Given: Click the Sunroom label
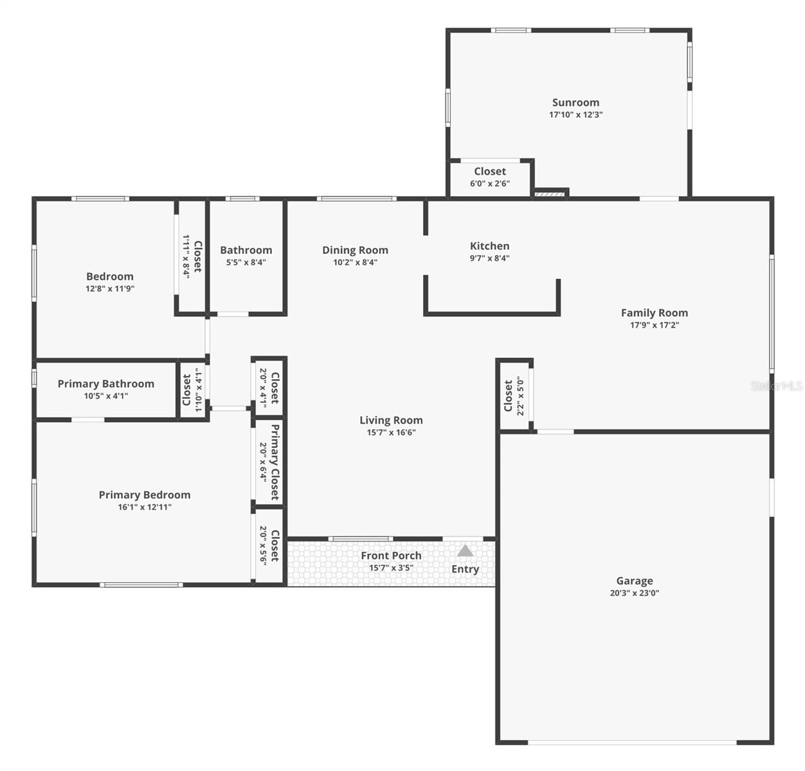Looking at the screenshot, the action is [575, 102].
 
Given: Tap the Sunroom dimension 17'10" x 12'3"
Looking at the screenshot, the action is [575, 114].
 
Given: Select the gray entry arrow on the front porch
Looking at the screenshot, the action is [465, 550].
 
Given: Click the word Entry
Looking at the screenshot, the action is [465, 569].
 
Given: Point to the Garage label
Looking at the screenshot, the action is [634, 581].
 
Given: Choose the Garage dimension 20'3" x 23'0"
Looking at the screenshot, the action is [634, 593].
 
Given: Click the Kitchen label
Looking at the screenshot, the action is [489, 246].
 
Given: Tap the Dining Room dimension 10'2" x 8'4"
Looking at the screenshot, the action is [356, 262].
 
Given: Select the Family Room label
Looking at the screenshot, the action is [654, 313].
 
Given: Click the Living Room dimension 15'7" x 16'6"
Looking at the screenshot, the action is [391, 432].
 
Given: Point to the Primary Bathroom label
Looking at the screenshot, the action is [106, 384].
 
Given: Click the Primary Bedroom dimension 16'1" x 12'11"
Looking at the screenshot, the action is [145, 507].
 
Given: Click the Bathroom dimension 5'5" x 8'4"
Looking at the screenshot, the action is [246, 262].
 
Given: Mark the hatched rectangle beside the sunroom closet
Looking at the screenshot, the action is [550, 193].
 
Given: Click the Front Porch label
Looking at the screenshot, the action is [391, 556].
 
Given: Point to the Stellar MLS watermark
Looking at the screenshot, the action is [777, 385].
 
